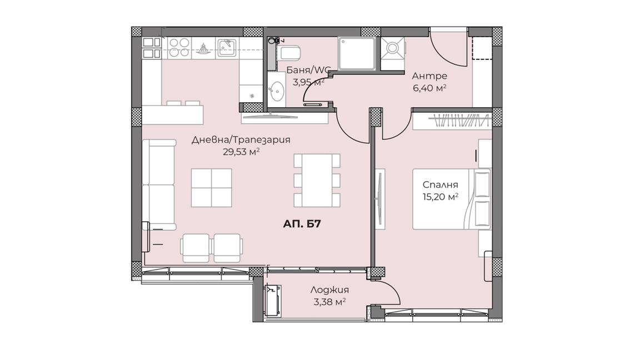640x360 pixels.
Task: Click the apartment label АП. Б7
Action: pos(302,224)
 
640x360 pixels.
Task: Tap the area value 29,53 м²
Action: pos(241,152)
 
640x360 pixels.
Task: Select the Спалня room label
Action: pos(441,184)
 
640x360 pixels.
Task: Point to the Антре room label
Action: pos(429,76)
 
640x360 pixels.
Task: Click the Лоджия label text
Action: pos(329,290)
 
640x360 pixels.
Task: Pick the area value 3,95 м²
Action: pos(308,82)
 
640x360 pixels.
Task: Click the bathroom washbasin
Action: pos(277,90)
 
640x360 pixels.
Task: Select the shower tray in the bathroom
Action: pos(356,54)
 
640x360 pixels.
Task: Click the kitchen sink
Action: pos(227,48)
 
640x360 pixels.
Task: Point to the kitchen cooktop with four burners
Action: pos(179,48)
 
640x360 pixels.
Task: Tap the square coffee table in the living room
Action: pos(212,188)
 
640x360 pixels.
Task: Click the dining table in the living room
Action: pos(317,180)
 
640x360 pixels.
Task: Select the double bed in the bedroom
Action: pos(452,199)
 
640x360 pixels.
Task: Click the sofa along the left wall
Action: pos(159,184)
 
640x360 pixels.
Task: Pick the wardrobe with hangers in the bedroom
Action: pos(452,121)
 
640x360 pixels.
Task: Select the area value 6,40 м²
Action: pos(429,88)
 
